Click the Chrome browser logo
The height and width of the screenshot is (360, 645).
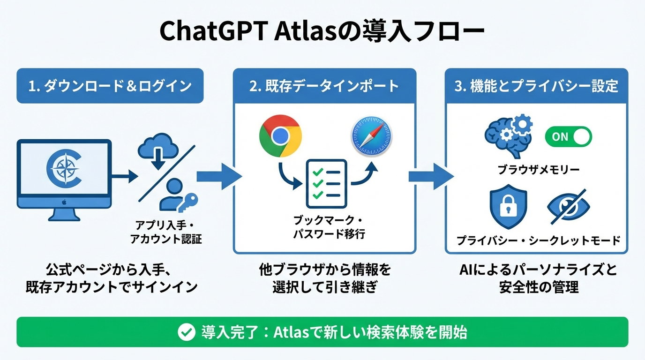(x=280, y=136)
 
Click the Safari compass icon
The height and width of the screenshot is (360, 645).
(x=371, y=137)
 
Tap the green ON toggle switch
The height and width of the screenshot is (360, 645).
(x=568, y=137)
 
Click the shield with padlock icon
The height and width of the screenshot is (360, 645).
(x=508, y=209)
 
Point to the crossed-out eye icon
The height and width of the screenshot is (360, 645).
(x=569, y=207)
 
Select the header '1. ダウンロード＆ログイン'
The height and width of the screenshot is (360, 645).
(x=110, y=86)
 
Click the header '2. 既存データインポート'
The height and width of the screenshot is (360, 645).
(x=324, y=86)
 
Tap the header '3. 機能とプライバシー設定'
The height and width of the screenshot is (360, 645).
(x=536, y=86)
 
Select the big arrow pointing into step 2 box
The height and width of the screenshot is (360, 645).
(x=218, y=177)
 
